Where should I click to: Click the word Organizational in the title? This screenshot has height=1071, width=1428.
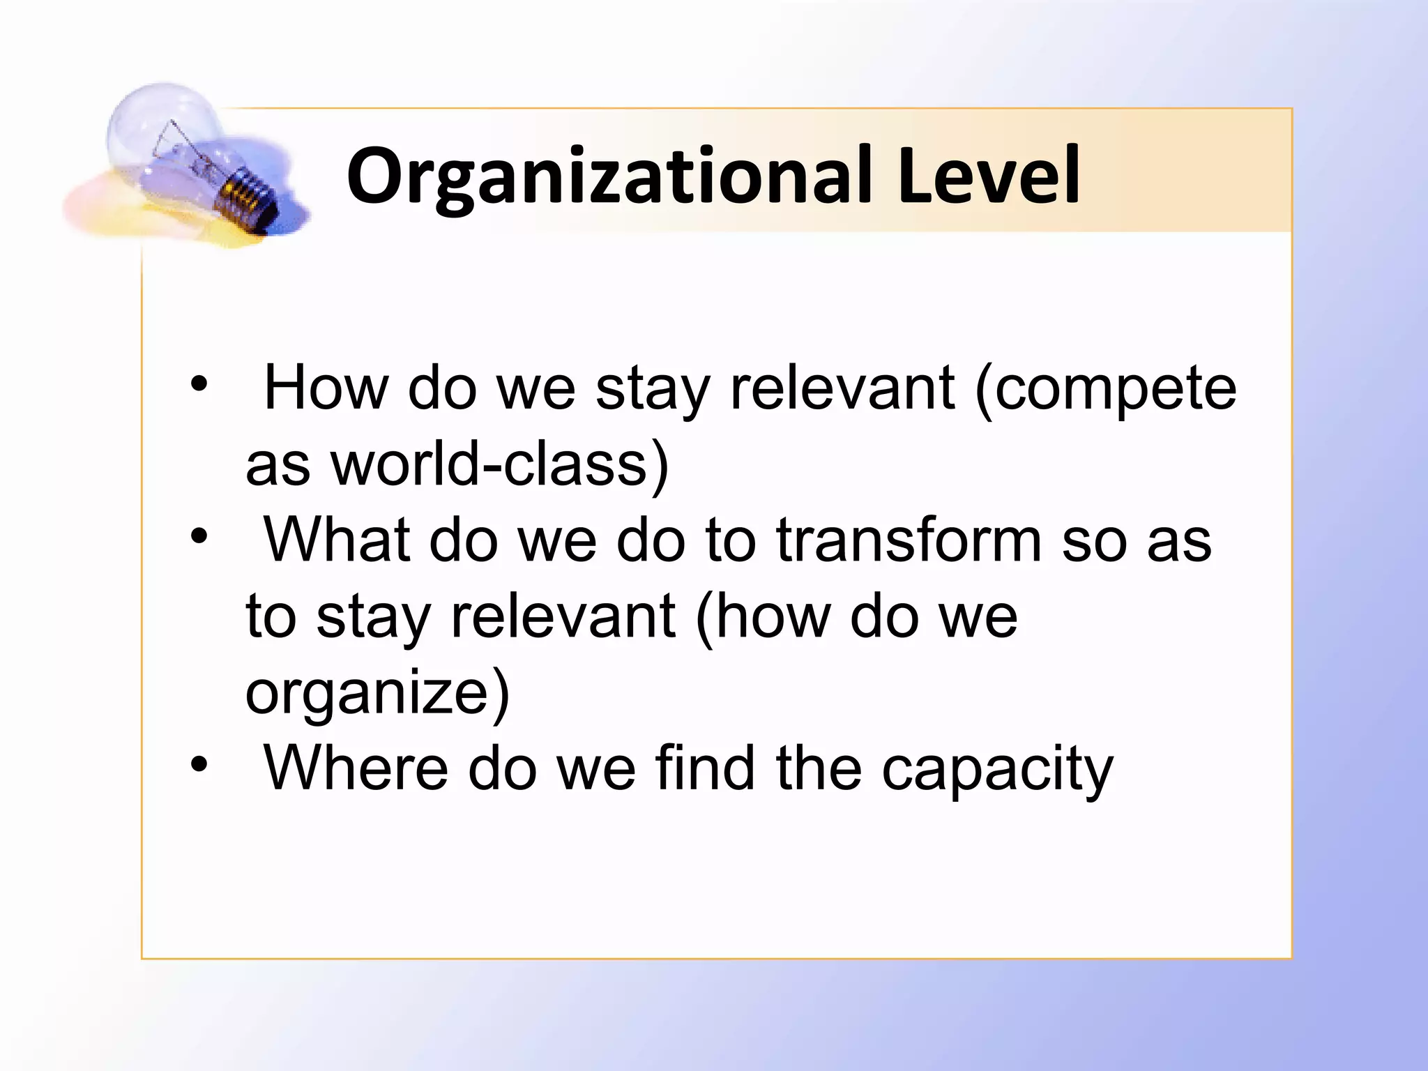point(609,176)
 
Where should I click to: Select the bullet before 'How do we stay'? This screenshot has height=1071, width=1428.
point(199,384)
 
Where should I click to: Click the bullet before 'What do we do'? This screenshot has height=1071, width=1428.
point(199,536)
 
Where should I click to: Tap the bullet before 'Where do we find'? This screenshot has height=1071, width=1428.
point(199,764)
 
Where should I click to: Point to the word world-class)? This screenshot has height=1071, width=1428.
point(499,466)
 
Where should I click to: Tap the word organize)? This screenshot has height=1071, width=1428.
point(377,694)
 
